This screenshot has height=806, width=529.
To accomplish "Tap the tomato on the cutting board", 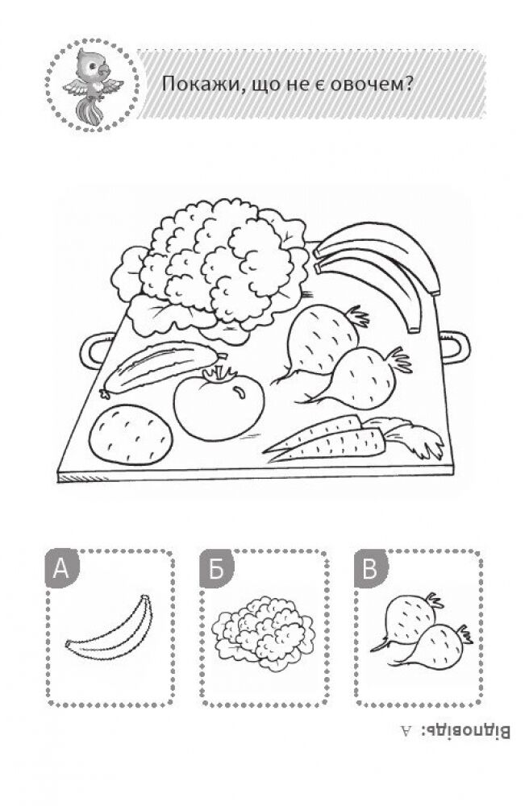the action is pyautogui.click(x=219, y=402).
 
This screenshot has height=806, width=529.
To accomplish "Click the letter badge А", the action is pyautogui.click(x=62, y=569).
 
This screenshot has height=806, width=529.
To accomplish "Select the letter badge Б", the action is pyautogui.click(x=216, y=569).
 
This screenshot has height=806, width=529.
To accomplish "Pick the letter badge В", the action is pyautogui.click(x=370, y=569).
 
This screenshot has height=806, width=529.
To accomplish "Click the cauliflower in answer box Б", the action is pyautogui.click(x=264, y=634).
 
